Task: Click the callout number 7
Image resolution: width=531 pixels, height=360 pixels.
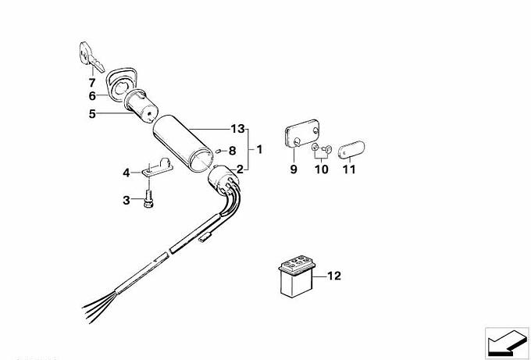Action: pos(91,81)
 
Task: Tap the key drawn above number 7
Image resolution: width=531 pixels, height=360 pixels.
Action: pos(87,56)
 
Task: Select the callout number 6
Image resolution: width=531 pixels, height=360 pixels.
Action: pos(91,96)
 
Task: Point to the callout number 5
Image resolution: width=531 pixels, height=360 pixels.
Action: pos(91,113)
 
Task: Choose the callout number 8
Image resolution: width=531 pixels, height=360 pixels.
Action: pos(232,150)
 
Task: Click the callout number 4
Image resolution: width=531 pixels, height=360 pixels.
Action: pos(126,173)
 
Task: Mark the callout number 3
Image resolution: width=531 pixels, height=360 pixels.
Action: pos(126,201)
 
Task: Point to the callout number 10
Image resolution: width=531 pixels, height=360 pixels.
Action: pos(321,169)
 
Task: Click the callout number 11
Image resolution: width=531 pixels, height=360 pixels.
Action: pos(348,169)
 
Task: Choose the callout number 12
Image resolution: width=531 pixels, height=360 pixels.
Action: pos(334,275)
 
